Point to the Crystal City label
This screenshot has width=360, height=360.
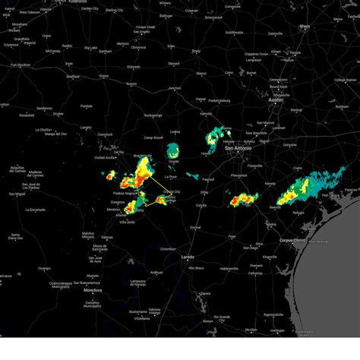coord(172,191)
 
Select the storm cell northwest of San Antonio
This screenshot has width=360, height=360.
coord(216,137)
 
